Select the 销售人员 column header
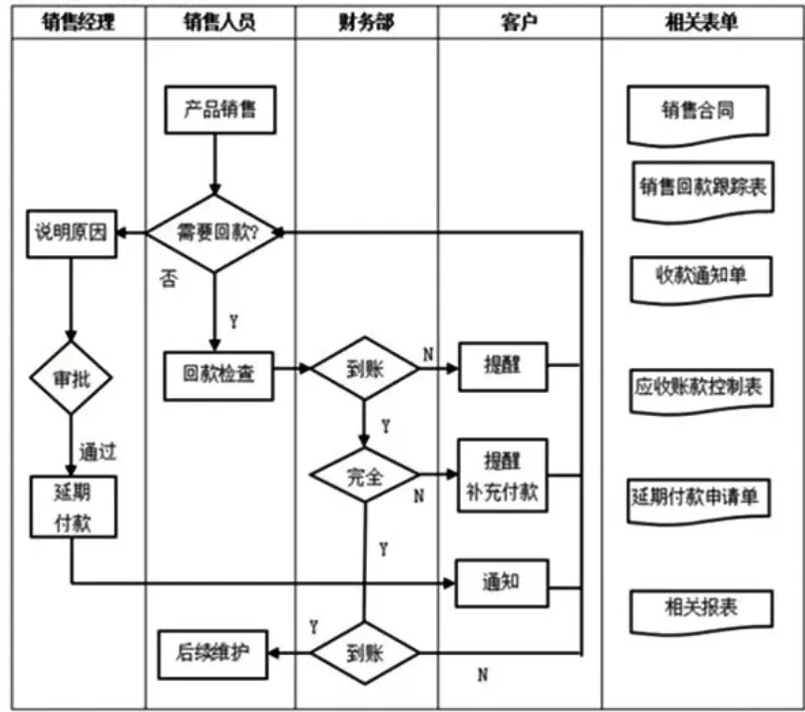tap(219, 21)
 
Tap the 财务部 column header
tap(366, 21)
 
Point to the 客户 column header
tap(519, 21)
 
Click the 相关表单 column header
tap(701, 21)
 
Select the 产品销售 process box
tap(219, 109)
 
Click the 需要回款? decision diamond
tap(216, 233)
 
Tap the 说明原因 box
tap(71, 234)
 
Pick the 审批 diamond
tap(71, 379)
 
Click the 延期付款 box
tap(72, 508)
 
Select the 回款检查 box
tap(218, 372)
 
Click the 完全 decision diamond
tap(364, 477)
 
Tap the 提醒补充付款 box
tap(501, 476)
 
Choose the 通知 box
tap(501, 581)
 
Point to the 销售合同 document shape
tap(698, 111)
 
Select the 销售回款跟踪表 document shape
tap(703, 188)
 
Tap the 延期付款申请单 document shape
tap(700, 496)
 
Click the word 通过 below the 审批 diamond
tap(98, 452)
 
